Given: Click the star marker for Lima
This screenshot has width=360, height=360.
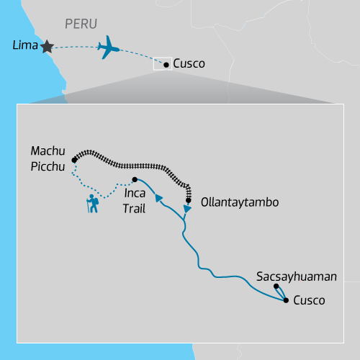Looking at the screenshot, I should pyautogui.click(x=48, y=46).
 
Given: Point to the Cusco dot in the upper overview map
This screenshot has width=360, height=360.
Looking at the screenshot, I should pyautogui.click(x=166, y=65).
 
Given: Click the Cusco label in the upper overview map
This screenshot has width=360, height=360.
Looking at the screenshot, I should pyautogui.click(x=189, y=64).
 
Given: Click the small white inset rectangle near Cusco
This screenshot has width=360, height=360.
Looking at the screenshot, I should pyautogui.click(x=161, y=64).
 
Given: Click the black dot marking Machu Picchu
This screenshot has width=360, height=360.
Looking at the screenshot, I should pyautogui.click(x=74, y=160).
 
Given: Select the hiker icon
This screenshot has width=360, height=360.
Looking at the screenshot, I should pyautogui.click(x=92, y=204).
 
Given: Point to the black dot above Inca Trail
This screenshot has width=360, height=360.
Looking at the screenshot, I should pyautogui.click(x=135, y=180).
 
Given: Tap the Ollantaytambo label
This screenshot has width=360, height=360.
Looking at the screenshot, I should pyautogui.click(x=239, y=202).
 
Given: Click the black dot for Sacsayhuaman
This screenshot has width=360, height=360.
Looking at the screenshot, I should pyautogui.click(x=276, y=287).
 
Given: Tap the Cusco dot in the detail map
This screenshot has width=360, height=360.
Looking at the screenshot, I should pyautogui.click(x=287, y=300).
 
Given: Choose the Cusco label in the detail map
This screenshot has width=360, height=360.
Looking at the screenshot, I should pyautogui.click(x=309, y=300).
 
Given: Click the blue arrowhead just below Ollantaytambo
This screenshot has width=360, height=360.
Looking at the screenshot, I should pyautogui.click(x=187, y=209).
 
